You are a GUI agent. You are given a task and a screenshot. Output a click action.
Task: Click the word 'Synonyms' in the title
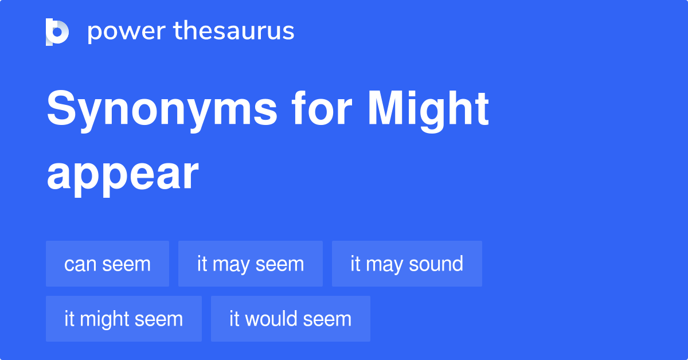[162, 110]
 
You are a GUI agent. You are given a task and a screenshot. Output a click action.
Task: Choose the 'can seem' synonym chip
[107, 264]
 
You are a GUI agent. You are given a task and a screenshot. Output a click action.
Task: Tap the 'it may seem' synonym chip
[250, 264]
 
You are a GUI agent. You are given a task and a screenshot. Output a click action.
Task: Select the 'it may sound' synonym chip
[406, 264]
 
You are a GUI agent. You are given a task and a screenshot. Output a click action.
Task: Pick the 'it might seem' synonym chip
[123, 319]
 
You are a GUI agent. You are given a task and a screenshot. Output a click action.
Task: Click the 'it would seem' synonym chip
[290, 319]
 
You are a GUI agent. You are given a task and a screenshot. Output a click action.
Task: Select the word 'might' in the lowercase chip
[105, 319]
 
